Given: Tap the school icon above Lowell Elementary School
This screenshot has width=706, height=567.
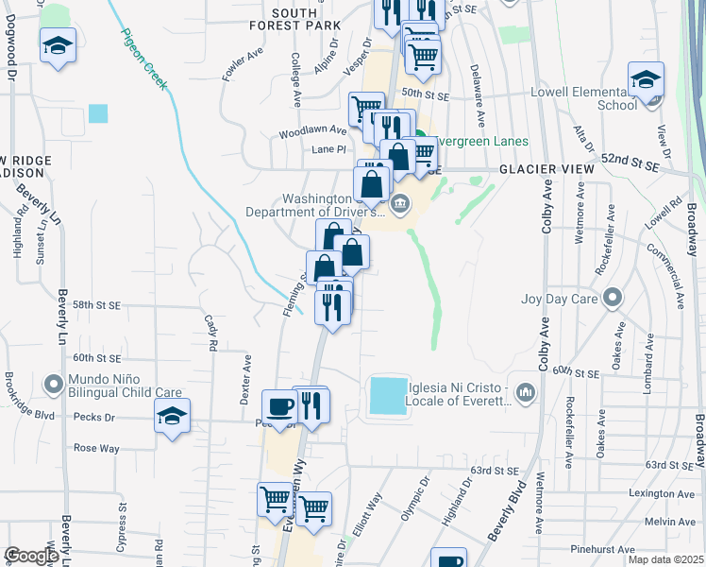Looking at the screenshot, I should pos(647,79).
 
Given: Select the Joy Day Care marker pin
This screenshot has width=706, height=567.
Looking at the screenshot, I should pos(613,299).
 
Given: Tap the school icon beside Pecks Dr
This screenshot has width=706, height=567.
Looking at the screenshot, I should pos(173,417).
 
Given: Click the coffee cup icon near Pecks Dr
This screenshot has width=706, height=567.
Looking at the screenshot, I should pos(279,407).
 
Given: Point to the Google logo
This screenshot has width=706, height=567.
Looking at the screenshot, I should pos(31,556).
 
